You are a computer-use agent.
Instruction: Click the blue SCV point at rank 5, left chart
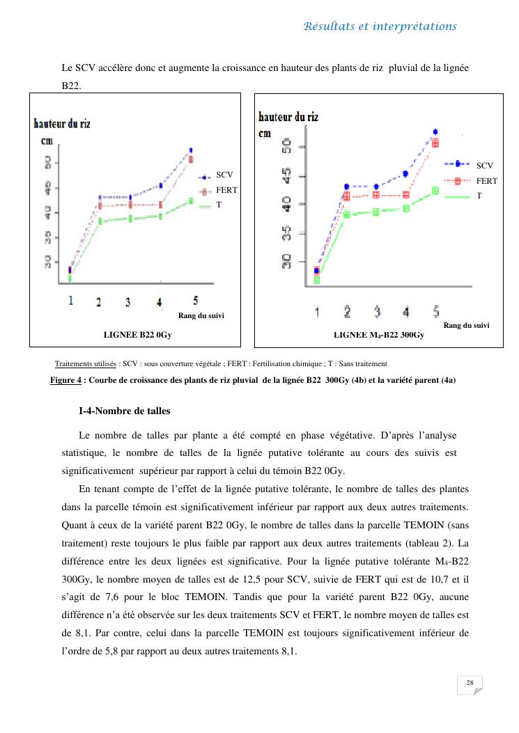pos(191,150)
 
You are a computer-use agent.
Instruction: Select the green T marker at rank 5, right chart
pos(435,190)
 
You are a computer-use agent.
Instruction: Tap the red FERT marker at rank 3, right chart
pos(376,195)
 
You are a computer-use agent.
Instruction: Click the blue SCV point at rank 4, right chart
pos(405,174)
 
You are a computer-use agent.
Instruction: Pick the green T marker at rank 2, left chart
pos(100,221)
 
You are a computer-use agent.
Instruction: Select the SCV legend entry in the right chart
pos(485,165)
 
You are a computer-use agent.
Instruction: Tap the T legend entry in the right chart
pos(479,196)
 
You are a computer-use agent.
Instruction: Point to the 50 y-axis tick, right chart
pos(286,146)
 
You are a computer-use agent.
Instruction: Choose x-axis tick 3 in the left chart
pos(127,302)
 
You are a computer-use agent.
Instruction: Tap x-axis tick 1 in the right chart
pos(317,312)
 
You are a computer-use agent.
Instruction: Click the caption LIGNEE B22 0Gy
pos(137,335)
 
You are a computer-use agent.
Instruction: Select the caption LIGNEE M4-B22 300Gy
pos(378,335)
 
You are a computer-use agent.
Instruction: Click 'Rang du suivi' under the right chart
pos(466,324)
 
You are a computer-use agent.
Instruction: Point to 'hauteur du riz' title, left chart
pos(62,124)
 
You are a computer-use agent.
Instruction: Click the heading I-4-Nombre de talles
pos(125,411)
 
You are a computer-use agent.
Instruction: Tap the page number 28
pos(470,683)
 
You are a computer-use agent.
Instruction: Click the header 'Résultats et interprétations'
pos(380,26)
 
